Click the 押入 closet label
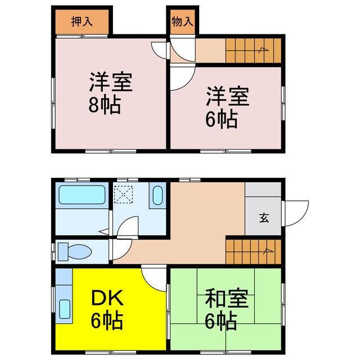coord(82,22)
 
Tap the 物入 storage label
coord(182,22)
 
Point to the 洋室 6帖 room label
coord(227,107)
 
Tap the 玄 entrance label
coord(263,218)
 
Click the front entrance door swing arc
coord(296,213)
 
